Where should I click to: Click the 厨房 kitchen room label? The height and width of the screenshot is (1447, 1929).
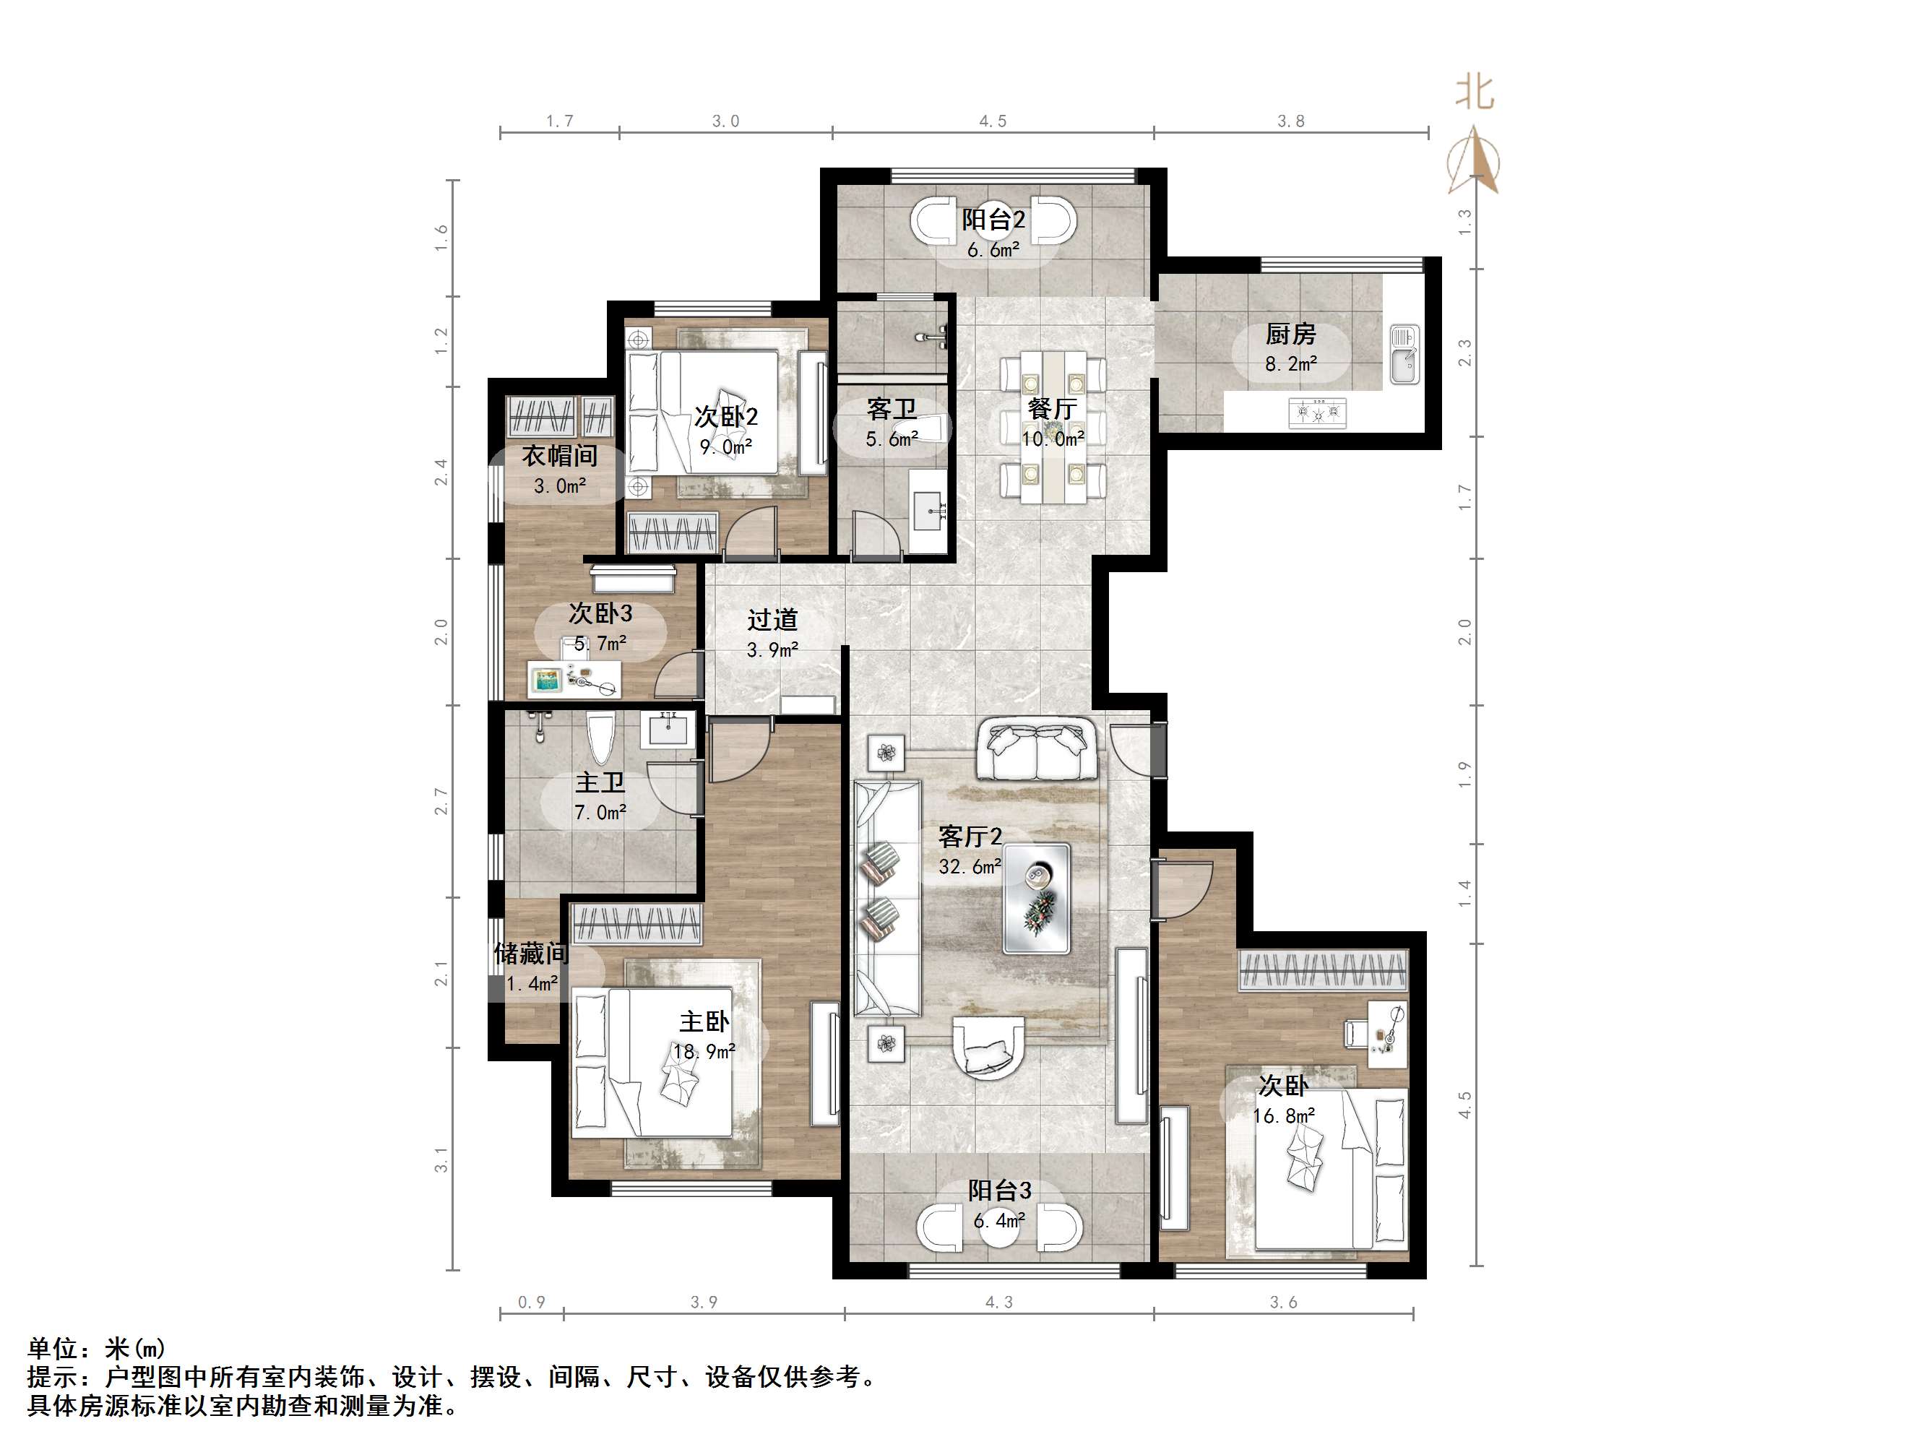pos(1290,333)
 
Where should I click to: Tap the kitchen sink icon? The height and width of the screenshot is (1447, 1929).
pos(1403,354)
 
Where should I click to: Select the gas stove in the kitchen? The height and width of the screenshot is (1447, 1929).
pos(1317,411)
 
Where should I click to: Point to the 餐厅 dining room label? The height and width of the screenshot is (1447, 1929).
pos(1052,408)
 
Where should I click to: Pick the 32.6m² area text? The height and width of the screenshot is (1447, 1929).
pos(969,866)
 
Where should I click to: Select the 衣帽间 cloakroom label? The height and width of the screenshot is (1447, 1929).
pos(559,455)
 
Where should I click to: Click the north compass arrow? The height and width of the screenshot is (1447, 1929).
pos(1474,161)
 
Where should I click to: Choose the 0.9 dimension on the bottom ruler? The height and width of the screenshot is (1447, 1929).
pos(531,1303)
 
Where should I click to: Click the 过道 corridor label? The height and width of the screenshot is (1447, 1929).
pos(772,619)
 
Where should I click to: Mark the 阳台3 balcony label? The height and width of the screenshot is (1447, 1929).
pos(999,1190)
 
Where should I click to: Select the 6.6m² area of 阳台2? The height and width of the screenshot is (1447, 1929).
pos(993,251)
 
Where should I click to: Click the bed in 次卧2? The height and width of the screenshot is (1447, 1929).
pos(702,412)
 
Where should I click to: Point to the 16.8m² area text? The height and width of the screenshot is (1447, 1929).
pos(1283,1115)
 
